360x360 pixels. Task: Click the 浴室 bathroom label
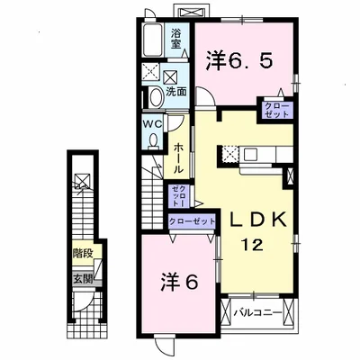click(176, 38)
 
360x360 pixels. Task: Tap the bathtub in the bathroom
click(153, 40)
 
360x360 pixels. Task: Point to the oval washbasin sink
click(157, 97)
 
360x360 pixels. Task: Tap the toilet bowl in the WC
click(154, 140)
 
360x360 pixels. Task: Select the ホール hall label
click(178, 158)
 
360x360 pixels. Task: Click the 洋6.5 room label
click(239, 60)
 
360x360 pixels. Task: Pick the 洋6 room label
click(180, 282)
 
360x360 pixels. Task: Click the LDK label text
click(257, 221)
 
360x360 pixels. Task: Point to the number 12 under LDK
click(254, 246)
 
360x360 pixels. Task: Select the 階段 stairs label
click(82, 254)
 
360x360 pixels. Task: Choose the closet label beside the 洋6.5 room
click(277, 110)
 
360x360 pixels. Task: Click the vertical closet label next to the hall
click(178, 196)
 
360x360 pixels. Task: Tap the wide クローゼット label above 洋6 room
click(192, 221)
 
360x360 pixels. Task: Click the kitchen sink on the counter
click(249, 155)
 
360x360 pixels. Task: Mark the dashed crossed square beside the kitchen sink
click(230, 154)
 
